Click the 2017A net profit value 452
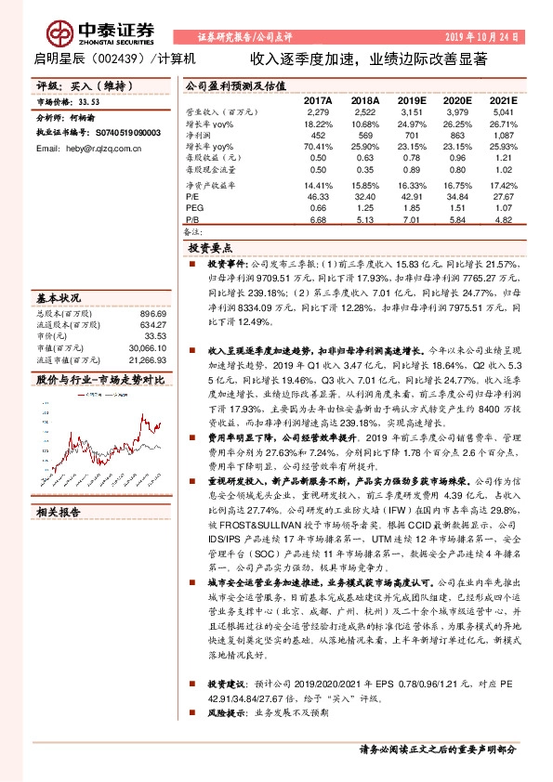click(318, 135)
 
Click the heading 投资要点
click(210, 249)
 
